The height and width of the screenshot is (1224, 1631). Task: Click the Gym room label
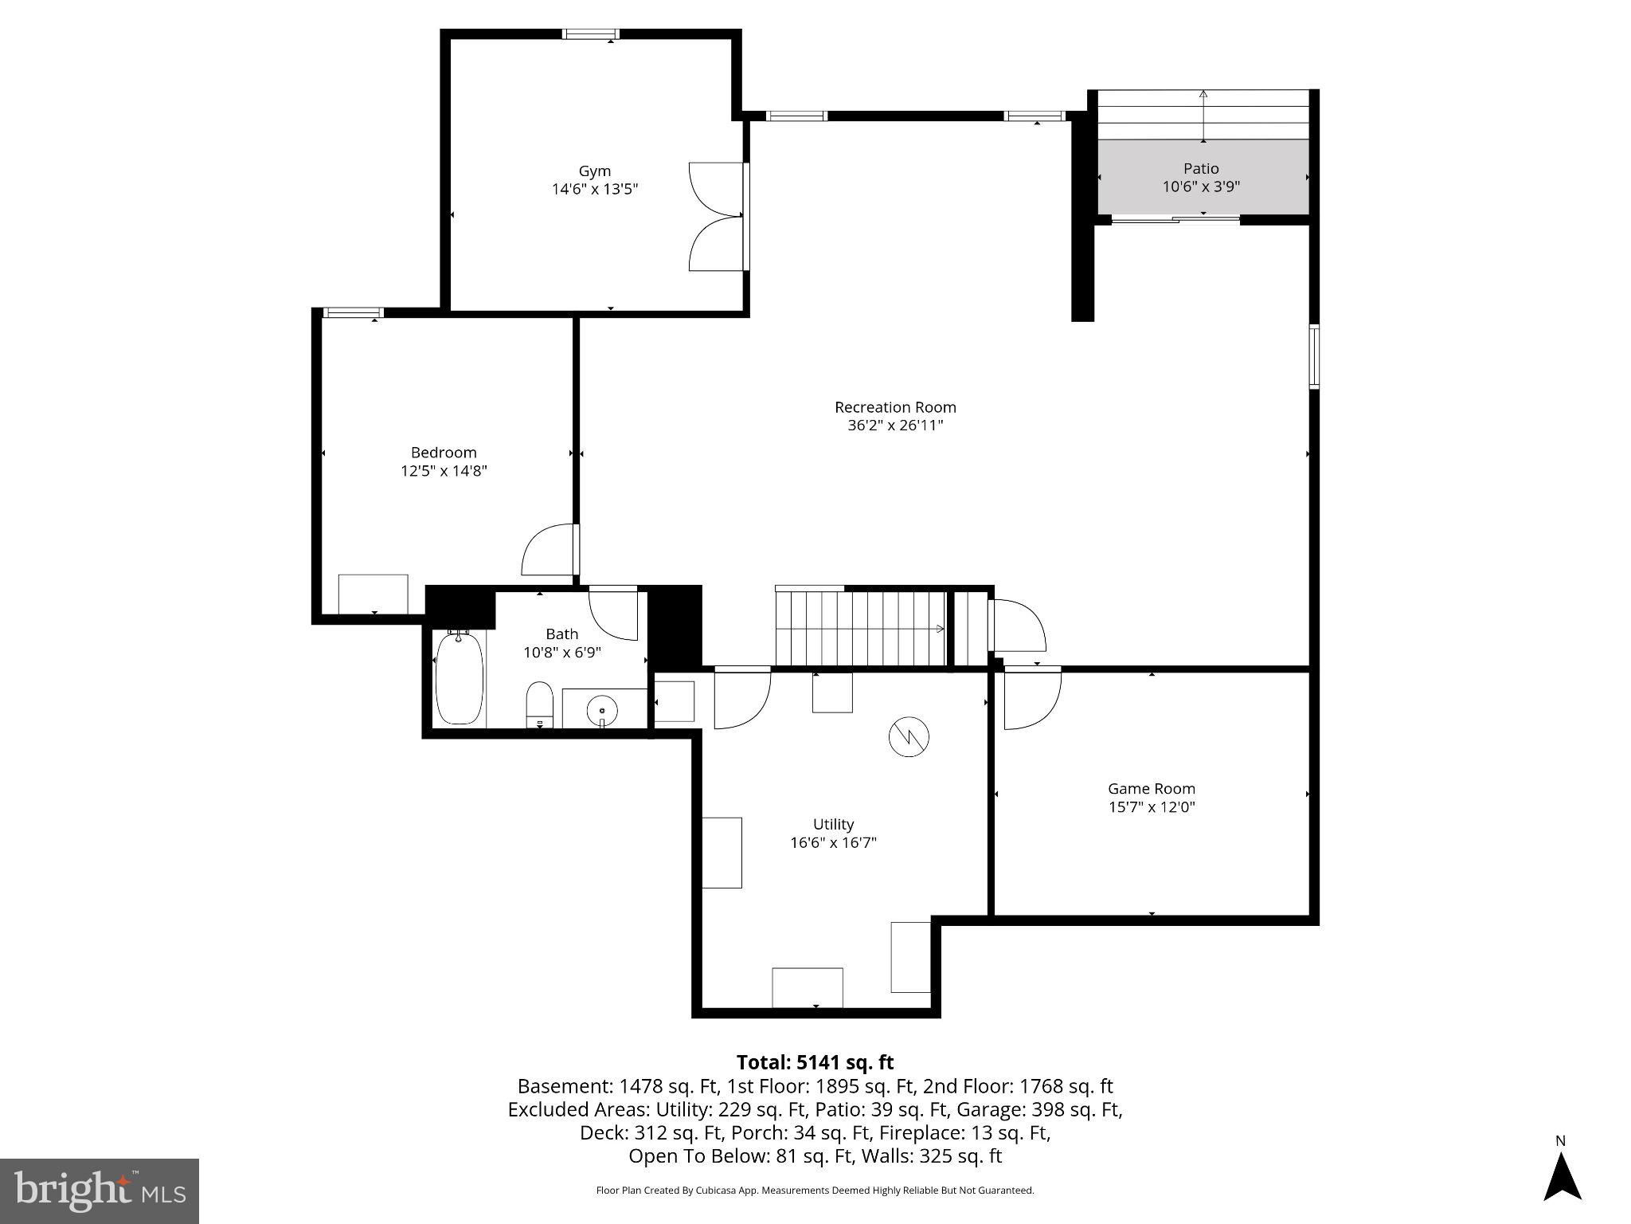[x=594, y=171]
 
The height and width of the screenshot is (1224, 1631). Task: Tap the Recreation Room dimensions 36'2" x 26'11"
[x=895, y=426]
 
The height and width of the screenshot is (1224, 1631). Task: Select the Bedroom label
[x=444, y=453]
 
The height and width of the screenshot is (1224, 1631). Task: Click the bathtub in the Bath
[x=460, y=678]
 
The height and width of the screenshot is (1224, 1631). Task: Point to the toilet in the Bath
[x=540, y=704]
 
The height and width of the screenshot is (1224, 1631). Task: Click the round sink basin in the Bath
[x=602, y=708]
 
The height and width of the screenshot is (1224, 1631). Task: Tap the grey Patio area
[x=1203, y=177]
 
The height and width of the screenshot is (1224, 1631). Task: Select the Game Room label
[x=1152, y=789]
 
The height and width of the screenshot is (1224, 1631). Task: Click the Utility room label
[x=833, y=824]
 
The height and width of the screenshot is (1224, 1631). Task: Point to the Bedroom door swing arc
[x=548, y=550]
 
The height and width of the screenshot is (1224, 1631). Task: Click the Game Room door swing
[x=1031, y=700]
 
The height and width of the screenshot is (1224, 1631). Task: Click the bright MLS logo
[x=100, y=1191]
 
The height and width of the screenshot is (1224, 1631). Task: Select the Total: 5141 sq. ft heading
[x=815, y=1062]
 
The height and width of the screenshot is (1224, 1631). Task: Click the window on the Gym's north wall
[x=590, y=33]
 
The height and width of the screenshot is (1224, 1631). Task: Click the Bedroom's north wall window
[x=353, y=312]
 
